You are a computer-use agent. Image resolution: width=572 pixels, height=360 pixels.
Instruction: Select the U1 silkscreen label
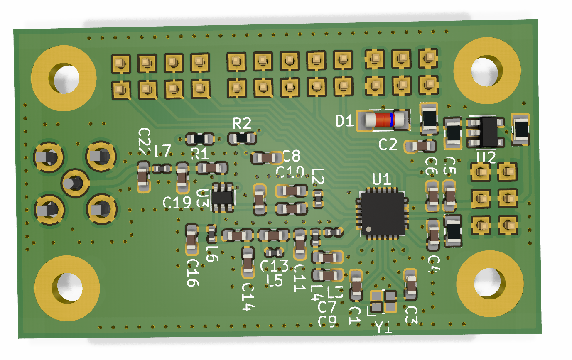382,180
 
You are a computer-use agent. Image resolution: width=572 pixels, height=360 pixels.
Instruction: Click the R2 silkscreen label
242,123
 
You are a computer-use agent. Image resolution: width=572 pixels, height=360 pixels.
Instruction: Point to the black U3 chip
223,197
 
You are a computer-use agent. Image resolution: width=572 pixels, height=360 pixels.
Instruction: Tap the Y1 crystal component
383,301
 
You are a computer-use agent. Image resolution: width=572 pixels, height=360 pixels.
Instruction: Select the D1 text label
345,121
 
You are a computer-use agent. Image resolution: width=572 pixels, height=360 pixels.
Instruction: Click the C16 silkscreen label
193,273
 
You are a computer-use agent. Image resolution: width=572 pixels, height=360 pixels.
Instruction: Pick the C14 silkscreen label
248,297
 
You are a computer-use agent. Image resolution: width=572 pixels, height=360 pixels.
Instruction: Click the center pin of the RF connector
75,182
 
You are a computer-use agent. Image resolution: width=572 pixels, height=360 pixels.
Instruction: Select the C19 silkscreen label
177,202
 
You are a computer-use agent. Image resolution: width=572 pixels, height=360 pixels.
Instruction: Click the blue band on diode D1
392,120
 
